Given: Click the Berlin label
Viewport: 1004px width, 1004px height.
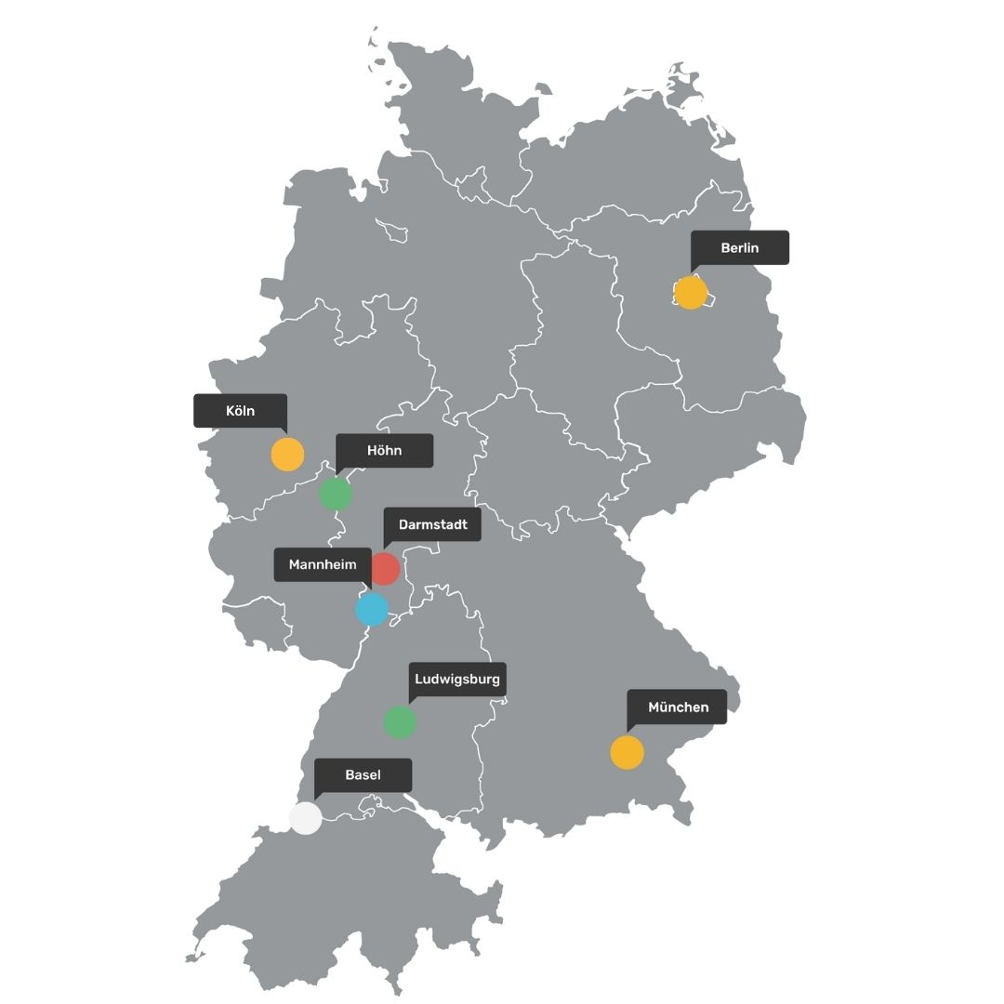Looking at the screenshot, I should (x=740, y=248).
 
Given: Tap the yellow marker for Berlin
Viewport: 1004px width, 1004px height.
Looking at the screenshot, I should (x=691, y=293).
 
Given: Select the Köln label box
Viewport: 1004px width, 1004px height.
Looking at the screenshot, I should (x=240, y=411).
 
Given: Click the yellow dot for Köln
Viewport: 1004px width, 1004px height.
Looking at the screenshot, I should (x=287, y=455).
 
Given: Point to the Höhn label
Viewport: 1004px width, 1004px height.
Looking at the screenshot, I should (x=384, y=450).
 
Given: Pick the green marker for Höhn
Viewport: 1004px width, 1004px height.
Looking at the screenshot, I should (x=336, y=495).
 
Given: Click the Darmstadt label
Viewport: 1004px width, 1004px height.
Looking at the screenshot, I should (x=432, y=524).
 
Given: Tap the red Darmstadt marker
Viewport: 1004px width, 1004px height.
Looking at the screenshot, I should (x=385, y=568).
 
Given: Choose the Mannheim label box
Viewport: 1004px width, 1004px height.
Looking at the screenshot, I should (x=322, y=564).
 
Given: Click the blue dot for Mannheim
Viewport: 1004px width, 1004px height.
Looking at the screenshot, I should (x=372, y=610).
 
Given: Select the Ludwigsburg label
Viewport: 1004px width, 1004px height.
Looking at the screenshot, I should (x=457, y=680).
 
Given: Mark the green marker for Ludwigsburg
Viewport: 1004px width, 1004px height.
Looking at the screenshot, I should (x=400, y=722).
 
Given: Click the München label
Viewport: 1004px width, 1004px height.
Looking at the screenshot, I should (x=678, y=707).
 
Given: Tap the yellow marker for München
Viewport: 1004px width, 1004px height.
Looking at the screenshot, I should (x=627, y=752).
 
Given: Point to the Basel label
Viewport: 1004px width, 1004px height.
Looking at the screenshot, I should (x=363, y=775).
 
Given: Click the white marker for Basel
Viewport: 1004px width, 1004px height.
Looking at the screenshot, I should (x=305, y=818).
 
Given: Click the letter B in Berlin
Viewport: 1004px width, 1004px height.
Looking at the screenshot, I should (x=725, y=248).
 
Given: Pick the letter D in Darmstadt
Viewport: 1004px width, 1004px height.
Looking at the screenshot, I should (x=403, y=524).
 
